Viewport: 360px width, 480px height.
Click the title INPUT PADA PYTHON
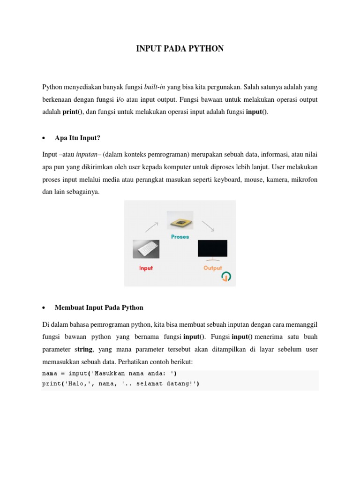(x=180, y=48)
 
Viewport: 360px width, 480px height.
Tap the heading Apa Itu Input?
(x=78, y=138)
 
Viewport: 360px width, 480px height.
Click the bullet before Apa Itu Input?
(x=44, y=138)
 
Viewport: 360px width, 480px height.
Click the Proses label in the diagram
(x=180, y=237)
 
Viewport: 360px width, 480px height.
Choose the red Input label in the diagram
(x=146, y=268)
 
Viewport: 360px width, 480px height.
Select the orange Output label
(x=212, y=268)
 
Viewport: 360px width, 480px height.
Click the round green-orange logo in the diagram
(x=226, y=277)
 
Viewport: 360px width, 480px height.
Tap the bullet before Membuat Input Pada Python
(x=44, y=308)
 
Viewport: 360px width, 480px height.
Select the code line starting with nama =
(x=110, y=374)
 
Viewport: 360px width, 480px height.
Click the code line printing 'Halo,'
(x=120, y=384)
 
